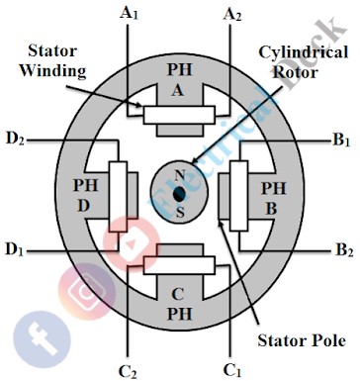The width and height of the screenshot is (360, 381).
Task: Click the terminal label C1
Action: tap(232, 370)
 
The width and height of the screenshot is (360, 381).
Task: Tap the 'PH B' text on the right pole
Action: tap(273, 195)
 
